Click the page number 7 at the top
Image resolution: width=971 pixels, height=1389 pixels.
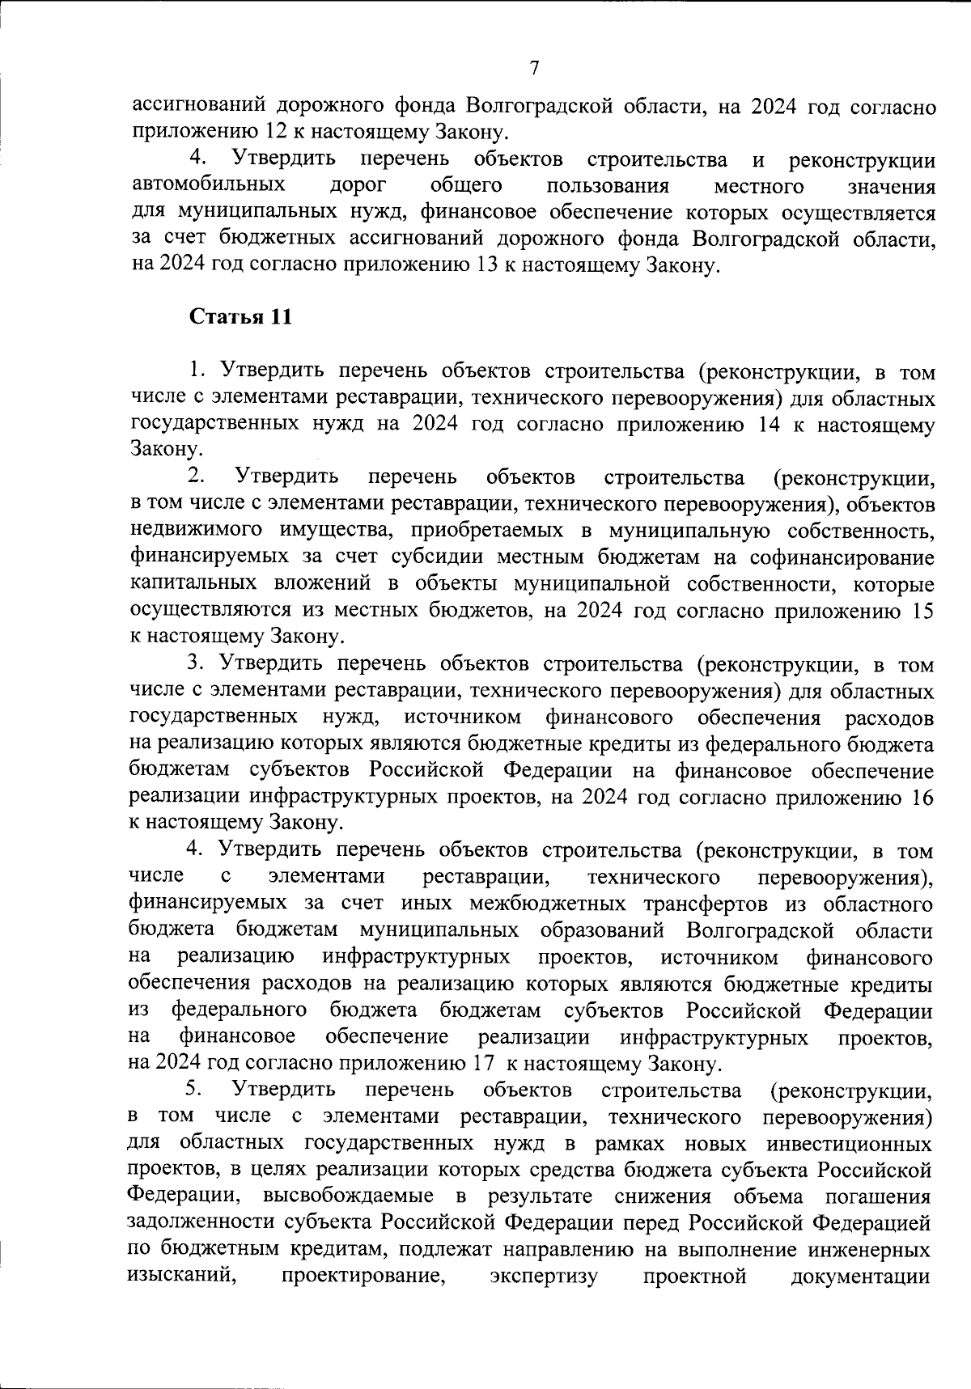[x=534, y=68]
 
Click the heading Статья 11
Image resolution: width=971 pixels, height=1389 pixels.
[x=240, y=317]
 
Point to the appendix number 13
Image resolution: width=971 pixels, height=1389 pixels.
[x=481, y=265]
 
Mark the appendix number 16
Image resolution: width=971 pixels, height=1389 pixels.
[x=922, y=797]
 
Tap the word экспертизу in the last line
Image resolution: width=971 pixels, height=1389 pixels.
[x=544, y=1276]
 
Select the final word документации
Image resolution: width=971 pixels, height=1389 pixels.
[x=860, y=1276]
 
